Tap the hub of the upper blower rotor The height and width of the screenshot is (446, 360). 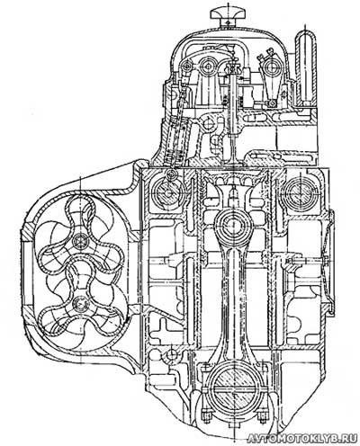80,242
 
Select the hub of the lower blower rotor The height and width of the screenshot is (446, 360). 80,304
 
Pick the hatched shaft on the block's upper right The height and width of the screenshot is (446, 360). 299,192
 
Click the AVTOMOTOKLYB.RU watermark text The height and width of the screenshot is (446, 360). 302,439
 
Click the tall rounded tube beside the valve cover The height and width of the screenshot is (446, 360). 306,67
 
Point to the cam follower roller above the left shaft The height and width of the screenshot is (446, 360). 171,174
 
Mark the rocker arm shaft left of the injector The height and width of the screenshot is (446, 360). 207,67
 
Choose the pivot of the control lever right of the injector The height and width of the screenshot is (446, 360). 273,66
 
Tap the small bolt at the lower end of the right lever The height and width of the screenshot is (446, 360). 273,103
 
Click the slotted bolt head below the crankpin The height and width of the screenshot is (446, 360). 233,425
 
